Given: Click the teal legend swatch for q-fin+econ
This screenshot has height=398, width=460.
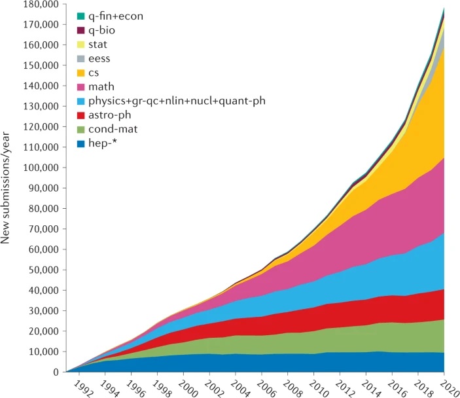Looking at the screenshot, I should pos(80,16).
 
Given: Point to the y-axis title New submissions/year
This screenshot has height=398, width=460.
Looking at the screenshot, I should pos(8,189).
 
